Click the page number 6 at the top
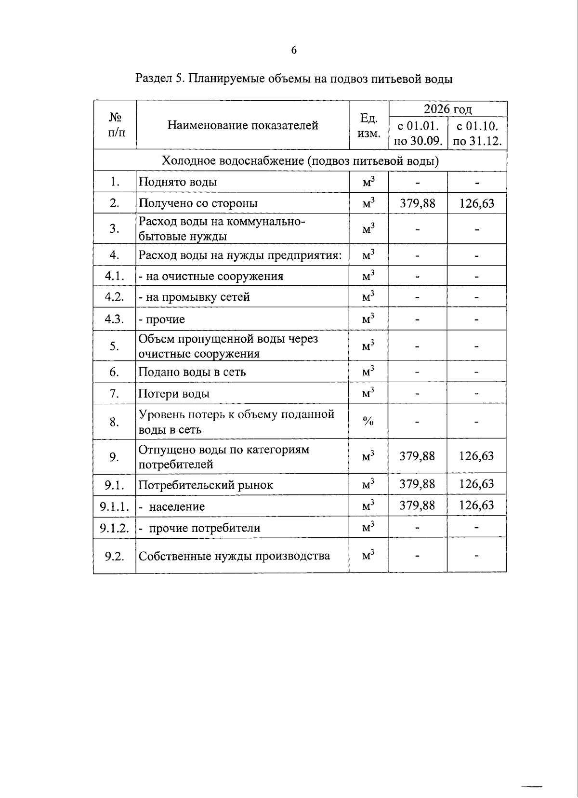[x=294, y=50]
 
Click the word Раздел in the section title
[x=153, y=79]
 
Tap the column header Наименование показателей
[x=243, y=125]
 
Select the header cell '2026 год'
[x=447, y=109]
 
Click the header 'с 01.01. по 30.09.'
[x=418, y=133]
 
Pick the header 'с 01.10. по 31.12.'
[x=477, y=133]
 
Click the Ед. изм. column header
[x=369, y=125]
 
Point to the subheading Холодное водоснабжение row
[x=300, y=161]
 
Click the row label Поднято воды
[x=178, y=182]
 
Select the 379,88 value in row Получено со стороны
[x=418, y=203]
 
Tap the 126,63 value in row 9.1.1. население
[x=476, y=505]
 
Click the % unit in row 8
[x=368, y=422]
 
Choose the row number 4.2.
[x=115, y=297]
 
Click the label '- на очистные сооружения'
[x=211, y=276]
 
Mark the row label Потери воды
[x=174, y=394]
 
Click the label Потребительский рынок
[x=206, y=485]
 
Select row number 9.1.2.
[x=115, y=528]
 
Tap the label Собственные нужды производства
[x=234, y=556]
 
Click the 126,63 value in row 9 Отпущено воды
[x=476, y=456]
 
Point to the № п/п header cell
[x=115, y=125]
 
